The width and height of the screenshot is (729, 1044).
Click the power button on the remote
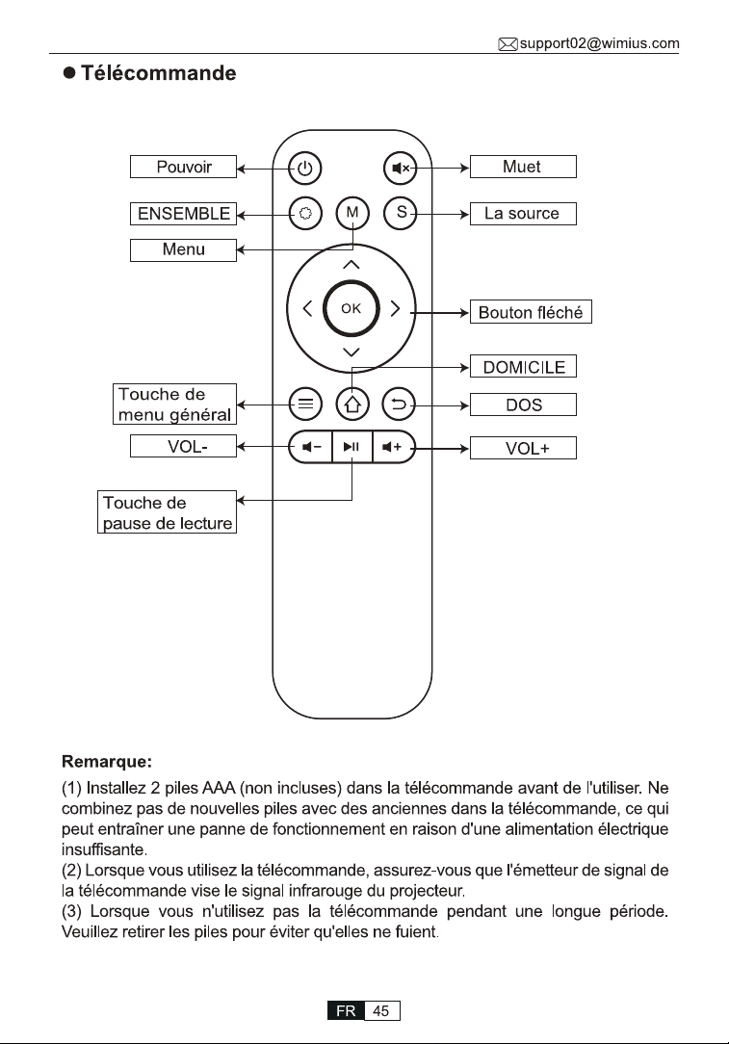click(305, 168)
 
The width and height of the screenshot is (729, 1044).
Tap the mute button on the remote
click(400, 168)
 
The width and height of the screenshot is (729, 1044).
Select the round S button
click(400, 213)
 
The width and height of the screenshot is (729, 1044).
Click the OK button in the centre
click(351, 308)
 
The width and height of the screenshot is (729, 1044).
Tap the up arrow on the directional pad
click(351, 265)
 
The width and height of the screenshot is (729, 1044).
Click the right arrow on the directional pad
click(395, 308)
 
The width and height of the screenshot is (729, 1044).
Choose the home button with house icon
click(352, 405)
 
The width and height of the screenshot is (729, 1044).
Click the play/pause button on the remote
click(351, 446)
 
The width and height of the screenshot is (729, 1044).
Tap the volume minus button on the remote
click(311, 446)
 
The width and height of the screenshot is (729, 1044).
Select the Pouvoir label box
click(183, 167)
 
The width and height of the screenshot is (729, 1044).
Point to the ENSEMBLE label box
click(183, 214)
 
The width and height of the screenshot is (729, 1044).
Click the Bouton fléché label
click(531, 312)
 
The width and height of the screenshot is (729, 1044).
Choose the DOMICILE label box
click(523, 366)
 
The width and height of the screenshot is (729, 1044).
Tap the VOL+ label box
click(523, 448)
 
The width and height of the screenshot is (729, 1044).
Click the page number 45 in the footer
click(381, 1010)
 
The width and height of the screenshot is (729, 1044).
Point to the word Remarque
click(107, 762)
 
